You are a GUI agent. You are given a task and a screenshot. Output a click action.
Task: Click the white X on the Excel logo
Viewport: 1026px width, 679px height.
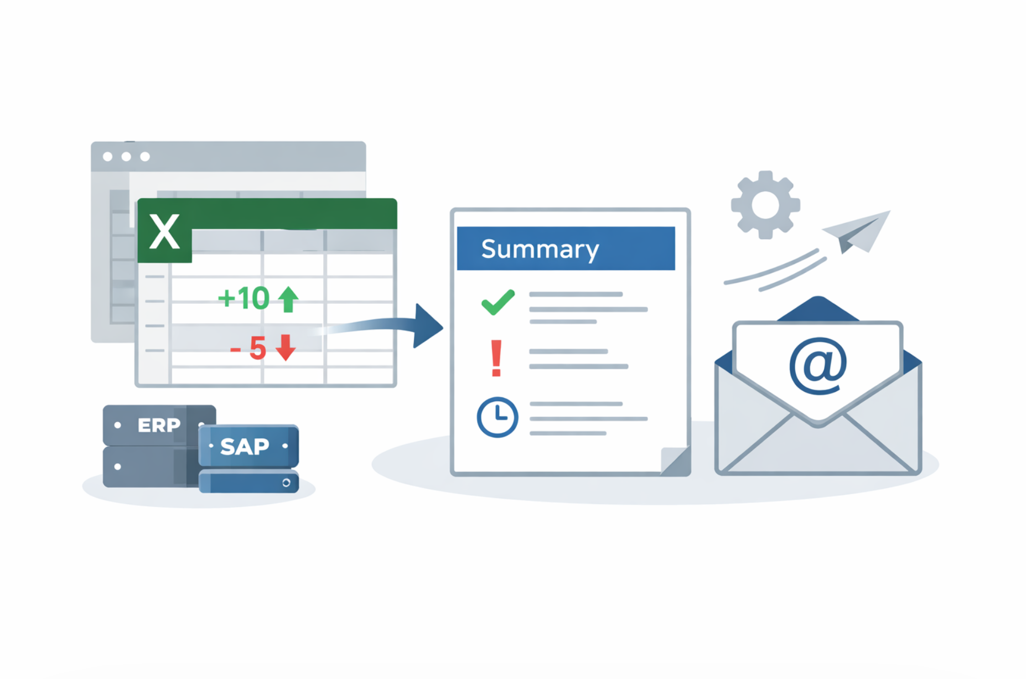point(164,232)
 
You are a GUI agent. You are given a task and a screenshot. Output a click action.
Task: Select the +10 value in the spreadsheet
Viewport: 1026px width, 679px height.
point(243,298)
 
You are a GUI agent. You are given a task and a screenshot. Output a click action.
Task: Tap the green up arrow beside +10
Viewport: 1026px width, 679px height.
point(288,299)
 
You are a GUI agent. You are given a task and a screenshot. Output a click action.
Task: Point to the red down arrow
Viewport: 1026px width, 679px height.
point(286,348)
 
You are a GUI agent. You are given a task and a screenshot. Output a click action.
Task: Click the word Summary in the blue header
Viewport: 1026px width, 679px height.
point(540,250)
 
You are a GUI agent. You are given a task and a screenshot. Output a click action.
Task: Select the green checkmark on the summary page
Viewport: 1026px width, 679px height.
point(498,302)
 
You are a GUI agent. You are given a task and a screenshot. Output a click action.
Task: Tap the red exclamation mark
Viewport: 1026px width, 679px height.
point(496,358)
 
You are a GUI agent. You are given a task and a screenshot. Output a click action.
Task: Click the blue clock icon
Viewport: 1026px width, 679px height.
point(498,417)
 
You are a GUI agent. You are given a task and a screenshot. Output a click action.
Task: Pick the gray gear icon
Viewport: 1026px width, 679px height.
point(765,205)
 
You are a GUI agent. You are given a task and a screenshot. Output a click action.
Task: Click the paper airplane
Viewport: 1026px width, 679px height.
point(859,231)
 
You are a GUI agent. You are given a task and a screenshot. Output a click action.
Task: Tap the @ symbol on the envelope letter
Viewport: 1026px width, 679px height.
point(818,366)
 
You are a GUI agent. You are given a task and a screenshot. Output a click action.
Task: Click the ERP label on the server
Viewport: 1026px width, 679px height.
point(159,425)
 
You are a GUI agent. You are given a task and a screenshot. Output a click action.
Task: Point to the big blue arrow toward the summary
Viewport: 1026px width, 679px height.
point(426,326)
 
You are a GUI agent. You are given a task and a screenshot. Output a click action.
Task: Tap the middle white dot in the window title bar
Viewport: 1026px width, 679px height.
point(126,157)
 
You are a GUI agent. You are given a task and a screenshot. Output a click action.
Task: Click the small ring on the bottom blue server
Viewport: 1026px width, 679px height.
point(286,483)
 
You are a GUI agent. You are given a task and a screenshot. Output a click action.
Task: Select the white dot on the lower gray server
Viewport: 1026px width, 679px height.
point(117,467)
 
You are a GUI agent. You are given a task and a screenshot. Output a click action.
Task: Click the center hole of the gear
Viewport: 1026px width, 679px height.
point(765,205)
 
